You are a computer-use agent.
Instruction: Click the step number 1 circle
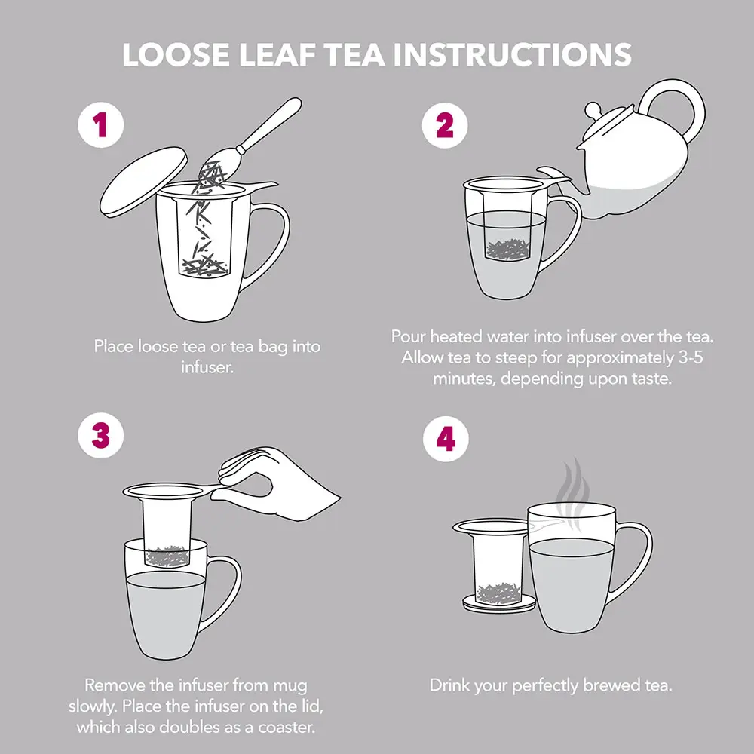(101, 124)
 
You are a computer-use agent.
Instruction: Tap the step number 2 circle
(445, 125)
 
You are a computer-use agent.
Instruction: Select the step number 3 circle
(101, 436)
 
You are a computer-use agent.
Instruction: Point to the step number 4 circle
(446, 439)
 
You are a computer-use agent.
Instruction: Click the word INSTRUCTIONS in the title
(513, 54)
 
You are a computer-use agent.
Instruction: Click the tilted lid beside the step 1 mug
(143, 182)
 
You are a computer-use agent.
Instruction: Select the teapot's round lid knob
(593, 110)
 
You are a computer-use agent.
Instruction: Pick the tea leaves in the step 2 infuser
(507, 250)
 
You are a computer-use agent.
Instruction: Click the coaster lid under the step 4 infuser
(499, 603)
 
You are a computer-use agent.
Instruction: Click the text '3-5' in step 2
(691, 357)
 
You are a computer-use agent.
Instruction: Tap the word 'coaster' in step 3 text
(286, 727)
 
